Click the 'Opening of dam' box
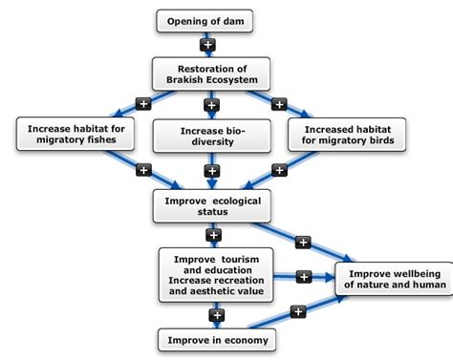(209, 21)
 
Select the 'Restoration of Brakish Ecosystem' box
(210, 74)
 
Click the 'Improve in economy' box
(217, 339)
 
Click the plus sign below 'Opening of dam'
(209, 45)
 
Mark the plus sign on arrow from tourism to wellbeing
(304, 277)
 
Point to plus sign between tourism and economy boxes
(217, 312)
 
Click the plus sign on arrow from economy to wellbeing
(297, 311)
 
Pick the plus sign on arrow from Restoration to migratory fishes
(142, 103)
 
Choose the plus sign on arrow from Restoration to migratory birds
(280, 103)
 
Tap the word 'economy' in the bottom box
(246, 339)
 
